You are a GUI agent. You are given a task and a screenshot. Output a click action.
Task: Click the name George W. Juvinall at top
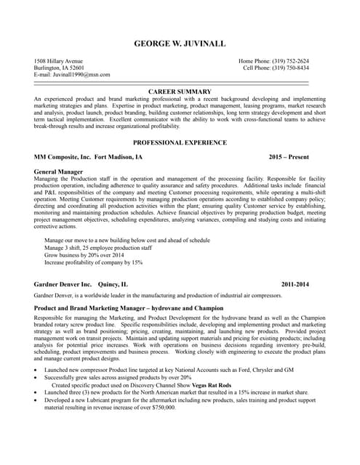pyautogui.click(x=180, y=44)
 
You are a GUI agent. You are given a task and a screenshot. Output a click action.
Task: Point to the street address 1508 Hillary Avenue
pyautogui.click(x=59, y=61)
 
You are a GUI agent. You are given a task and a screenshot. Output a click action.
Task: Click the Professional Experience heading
pyautogui.click(x=180, y=143)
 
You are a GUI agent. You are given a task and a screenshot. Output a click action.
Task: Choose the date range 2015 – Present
pyautogui.click(x=288, y=157)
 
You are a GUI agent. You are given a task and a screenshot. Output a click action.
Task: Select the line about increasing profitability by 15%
pyautogui.click(x=93, y=262)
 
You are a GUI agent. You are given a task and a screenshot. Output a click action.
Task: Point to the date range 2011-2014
pyautogui.click(x=295, y=284)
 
